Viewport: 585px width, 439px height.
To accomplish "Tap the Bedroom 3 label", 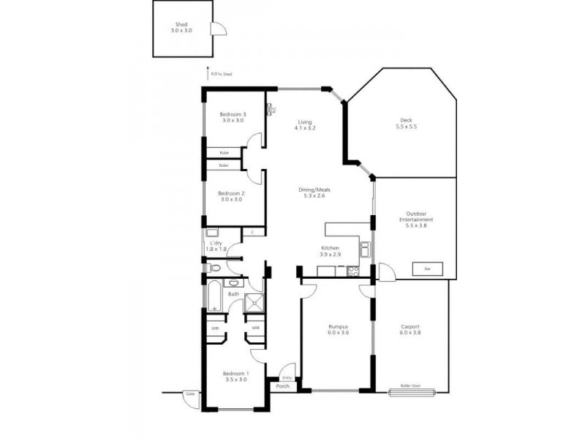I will [x=233, y=114].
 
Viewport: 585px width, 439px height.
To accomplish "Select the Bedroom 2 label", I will [x=232, y=193].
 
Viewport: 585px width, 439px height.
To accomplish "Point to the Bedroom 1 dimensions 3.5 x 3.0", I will [x=235, y=379].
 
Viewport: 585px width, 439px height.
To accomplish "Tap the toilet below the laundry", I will [x=214, y=268].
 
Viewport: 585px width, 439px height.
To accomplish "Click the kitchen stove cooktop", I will [x=352, y=271].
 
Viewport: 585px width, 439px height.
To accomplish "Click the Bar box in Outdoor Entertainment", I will [x=428, y=269].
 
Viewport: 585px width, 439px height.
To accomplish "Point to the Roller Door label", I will [x=410, y=385].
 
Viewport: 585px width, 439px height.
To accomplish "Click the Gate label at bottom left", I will [x=190, y=394].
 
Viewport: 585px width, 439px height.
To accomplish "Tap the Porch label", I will [x=282, y=386].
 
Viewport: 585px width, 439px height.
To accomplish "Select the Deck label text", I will [x=407, y=121].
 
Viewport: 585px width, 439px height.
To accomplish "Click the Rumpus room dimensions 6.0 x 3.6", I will [x=337, y=333].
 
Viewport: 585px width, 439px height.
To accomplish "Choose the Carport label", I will [x=410, y=327].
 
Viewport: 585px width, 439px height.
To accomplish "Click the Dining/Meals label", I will [x=314, y=190].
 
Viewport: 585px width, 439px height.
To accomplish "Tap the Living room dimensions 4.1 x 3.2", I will [x=304, y=128].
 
